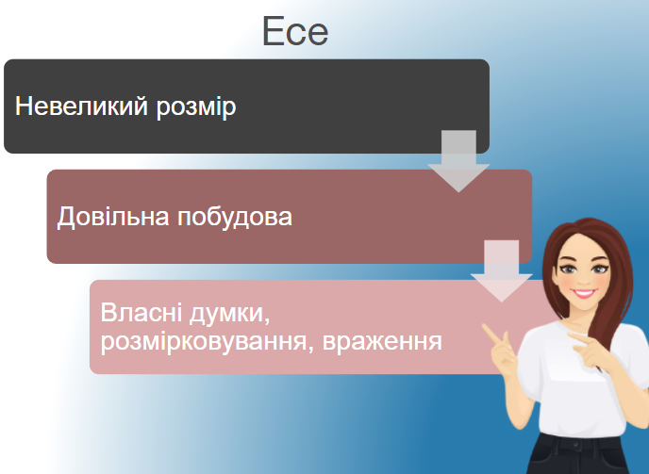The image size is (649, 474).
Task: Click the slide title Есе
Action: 295,31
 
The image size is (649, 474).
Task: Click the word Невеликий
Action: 81,106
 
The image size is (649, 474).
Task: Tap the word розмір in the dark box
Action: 196,107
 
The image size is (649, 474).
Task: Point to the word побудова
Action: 235,217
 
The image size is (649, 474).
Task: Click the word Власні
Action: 141,312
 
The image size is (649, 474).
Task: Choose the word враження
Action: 382,342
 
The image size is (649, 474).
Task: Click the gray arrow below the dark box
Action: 458,160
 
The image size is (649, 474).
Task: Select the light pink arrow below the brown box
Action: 501,270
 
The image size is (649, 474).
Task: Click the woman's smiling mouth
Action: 584,293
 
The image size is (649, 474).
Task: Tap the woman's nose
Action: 584,280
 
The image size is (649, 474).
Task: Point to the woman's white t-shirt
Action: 579,381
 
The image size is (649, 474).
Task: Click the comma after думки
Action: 267,321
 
